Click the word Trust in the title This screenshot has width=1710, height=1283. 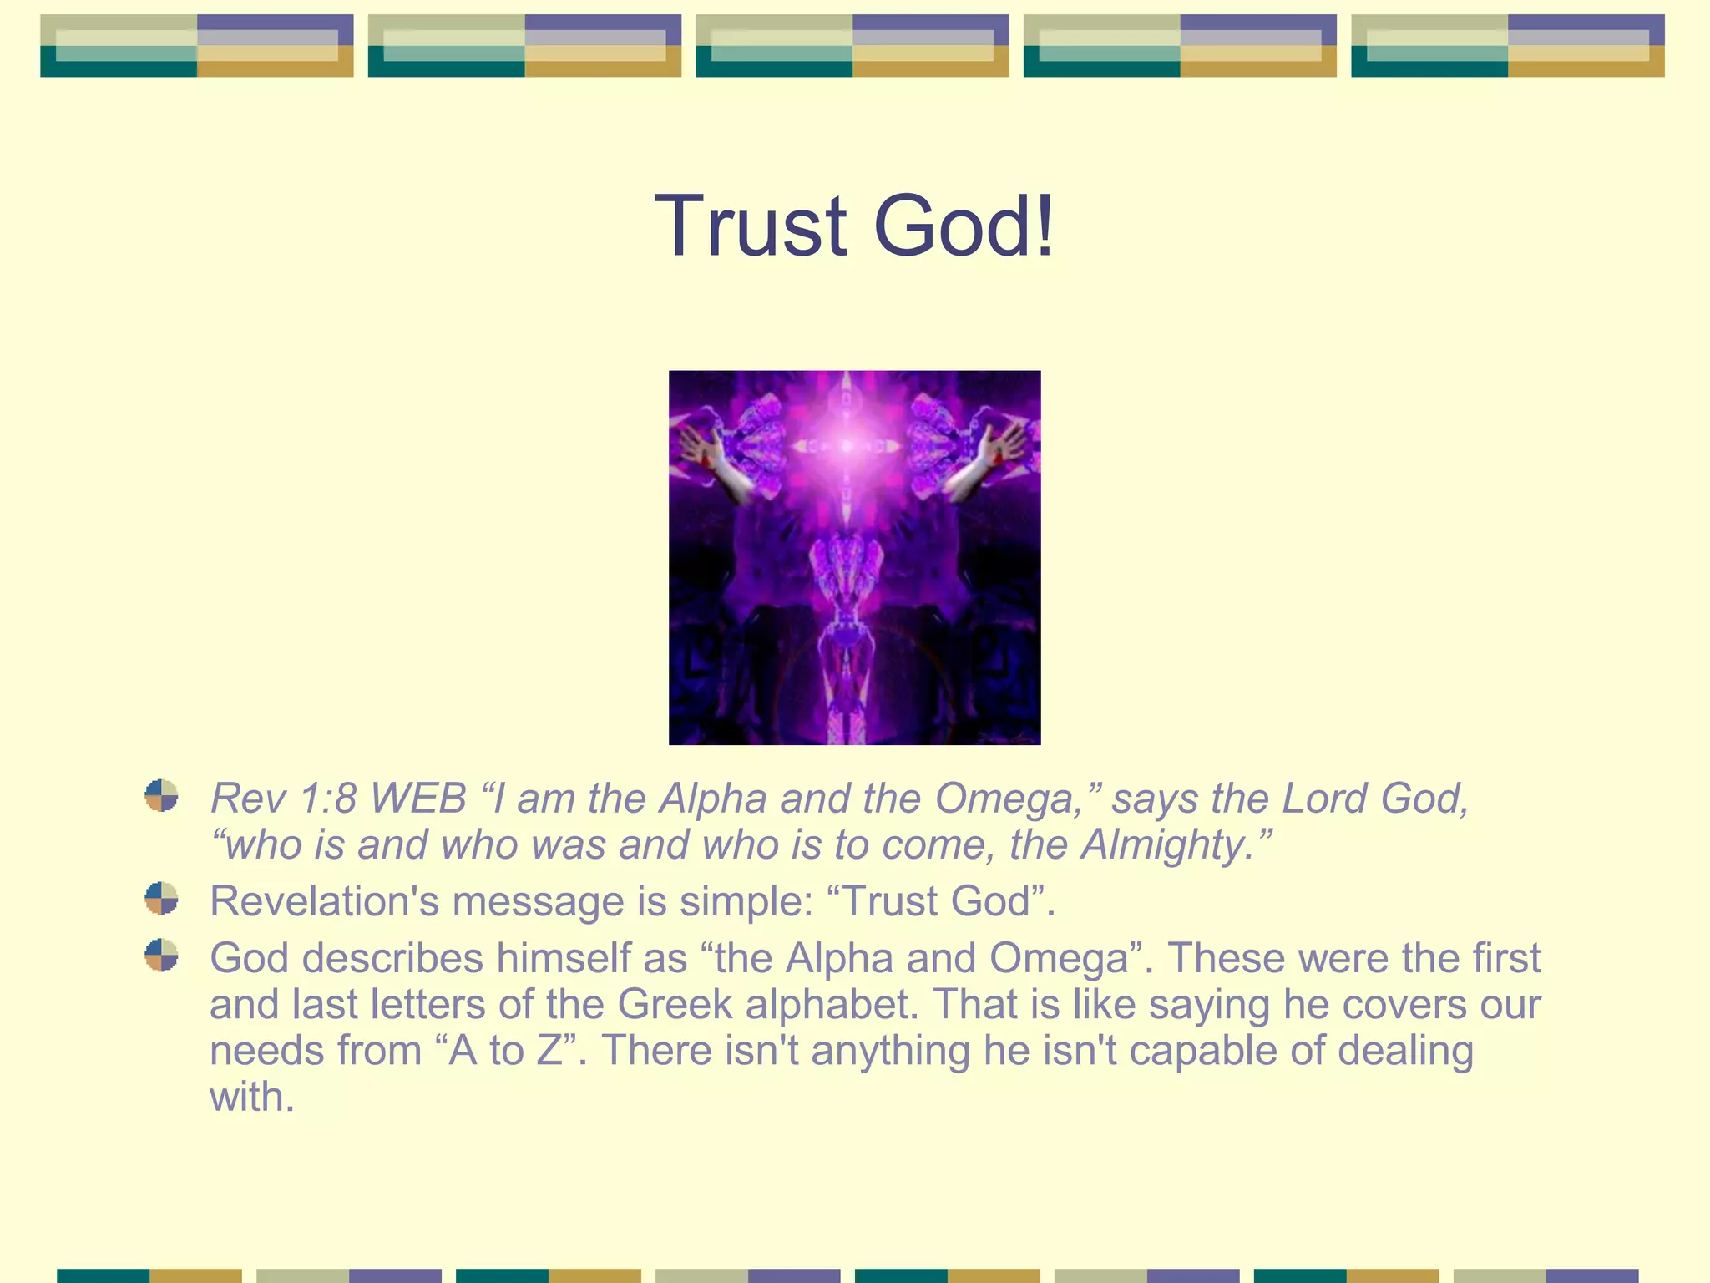(751, 226)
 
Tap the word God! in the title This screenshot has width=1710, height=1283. (964, 226)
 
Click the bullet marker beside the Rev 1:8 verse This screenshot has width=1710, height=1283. (161, 796)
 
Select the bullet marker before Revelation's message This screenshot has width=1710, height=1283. (161, 899)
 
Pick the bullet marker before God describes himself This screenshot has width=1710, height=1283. (161, 955)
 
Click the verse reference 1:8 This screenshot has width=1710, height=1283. (328, 799)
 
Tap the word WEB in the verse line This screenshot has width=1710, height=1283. (417, 799)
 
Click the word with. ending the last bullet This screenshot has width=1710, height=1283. (251, 1098)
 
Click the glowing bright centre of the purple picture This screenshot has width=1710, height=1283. (848, 446)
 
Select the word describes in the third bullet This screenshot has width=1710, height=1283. (392, 958)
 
